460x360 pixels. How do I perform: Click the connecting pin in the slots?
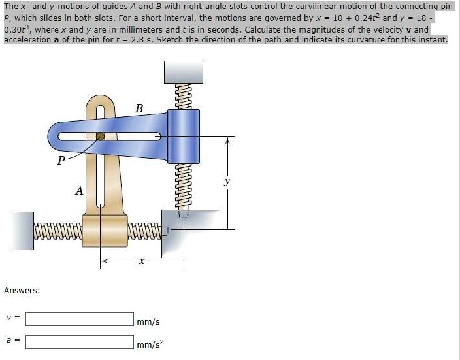tap(100, 137)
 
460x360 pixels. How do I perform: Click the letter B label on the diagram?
tap(139, 108)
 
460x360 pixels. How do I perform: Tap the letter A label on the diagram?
tap(79, 191)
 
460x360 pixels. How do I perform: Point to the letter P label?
tap(61, 159)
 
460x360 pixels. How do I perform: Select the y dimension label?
tap(227, 183)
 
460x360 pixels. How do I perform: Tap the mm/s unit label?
tap(148, 321)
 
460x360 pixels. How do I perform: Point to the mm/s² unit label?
tap(150, 343)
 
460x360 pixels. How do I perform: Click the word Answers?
tap(22, 290)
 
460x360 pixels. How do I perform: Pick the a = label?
tap(12, 340)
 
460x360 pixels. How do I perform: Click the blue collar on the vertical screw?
tap(182, 135)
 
